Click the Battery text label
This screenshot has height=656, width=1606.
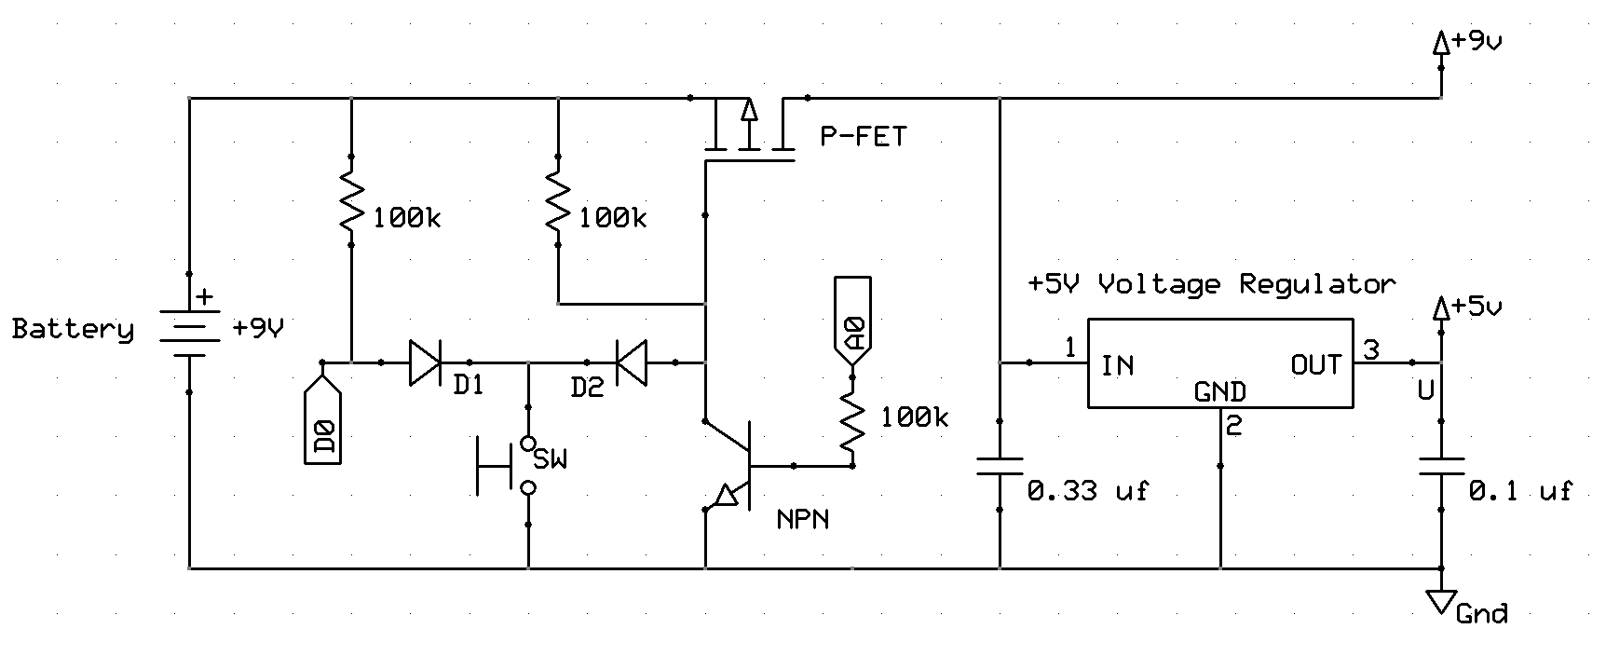tap(73, 330)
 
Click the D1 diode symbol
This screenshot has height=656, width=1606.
tap(425, 362)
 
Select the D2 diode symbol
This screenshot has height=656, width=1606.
tap(633, 362)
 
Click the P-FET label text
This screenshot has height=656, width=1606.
tap(863, 137)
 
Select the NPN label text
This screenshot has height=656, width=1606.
tap(803, 519)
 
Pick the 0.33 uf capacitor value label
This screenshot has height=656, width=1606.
tap(1087, 490)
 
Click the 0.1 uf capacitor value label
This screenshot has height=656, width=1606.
tap(1519, 490)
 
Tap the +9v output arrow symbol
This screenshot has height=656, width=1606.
tap(1441, 44)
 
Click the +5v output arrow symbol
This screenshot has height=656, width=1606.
tap(1441, 308)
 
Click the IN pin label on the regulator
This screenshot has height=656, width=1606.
tap(1118, 365)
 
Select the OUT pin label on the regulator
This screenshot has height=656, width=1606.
tap(1315, 365)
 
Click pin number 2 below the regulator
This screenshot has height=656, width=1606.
tap(1233, 427)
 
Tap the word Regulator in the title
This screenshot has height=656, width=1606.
tap(1317, 284)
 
